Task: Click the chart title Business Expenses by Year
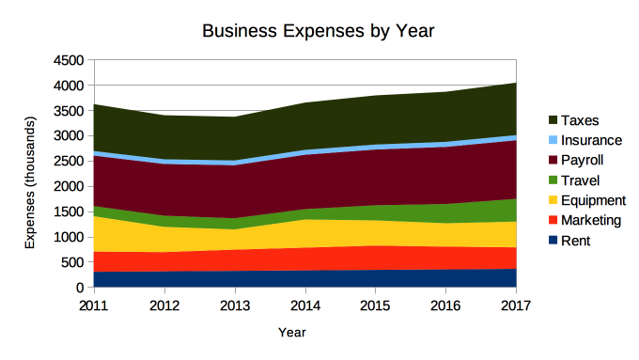click(319, 31)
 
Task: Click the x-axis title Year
click(291, 332)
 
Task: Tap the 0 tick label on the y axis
click(80, 289)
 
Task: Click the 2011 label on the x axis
click(93, 305)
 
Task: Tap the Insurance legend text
click(592, 140)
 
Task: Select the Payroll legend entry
click(582, 160)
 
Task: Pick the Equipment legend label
click(593, 200)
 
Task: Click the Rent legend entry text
click(575, 241)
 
